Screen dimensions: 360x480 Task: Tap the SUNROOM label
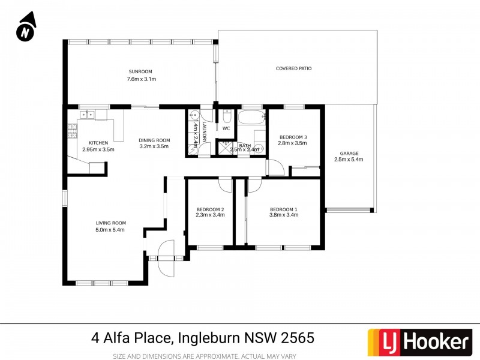point(141,71)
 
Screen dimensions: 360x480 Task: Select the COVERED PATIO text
point(293,68)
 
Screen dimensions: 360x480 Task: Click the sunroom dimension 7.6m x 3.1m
point(141,79)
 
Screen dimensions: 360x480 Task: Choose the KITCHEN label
point(98,142)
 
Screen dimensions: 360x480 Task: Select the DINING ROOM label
point(155,140)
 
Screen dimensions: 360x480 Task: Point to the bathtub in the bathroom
point(251,116)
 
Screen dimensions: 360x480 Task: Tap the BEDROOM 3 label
point(293,137)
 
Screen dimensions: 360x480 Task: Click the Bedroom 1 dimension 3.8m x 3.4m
point(283,215)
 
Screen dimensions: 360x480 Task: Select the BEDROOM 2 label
point(210,209)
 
